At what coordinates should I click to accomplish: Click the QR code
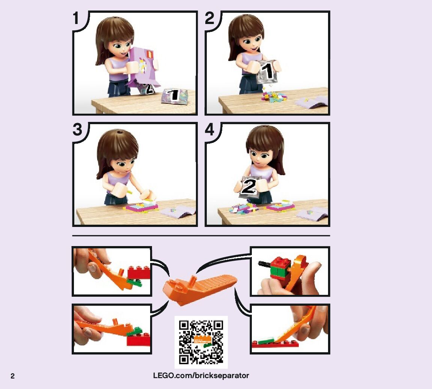click(201, 342)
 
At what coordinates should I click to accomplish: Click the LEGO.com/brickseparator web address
click(201, 375)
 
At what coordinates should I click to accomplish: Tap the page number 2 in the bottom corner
click(12, 376)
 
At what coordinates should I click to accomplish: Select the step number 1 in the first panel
click(77, 18)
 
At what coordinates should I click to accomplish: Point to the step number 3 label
click(77, 129)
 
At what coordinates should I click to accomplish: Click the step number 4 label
click(210, 129)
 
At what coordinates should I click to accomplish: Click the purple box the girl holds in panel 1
click(143, 66)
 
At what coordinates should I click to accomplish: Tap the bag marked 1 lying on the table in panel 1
click(175, 96)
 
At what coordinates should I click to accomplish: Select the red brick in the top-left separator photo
click(139, 272)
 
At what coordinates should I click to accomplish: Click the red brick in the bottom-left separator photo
click(138, 340)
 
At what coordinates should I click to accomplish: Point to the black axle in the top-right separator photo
click(265, 264)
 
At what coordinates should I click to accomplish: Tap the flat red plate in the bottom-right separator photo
click(275, 344)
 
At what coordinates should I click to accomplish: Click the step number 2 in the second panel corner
click(210, 18)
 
